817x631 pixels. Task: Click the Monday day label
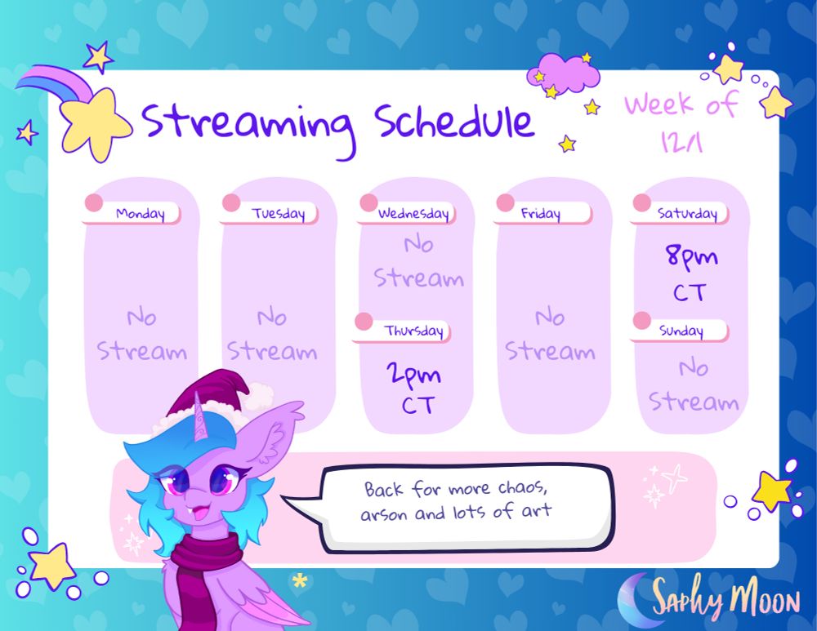point(141,213)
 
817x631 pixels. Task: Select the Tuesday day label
point(279,213)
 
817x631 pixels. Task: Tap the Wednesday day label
point(413,213)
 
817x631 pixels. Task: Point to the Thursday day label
point(413,331)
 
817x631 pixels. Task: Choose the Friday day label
point(540,213)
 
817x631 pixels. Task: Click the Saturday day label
point(687,213)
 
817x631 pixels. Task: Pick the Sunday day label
point(681,331)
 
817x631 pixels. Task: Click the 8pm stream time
point(691,256)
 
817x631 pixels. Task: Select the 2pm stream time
point(413,374)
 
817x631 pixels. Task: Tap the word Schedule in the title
point(454,122)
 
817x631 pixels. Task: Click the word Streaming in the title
point(249,127)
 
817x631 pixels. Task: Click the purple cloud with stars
point(563,74)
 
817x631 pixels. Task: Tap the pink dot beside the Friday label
point(505,202)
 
